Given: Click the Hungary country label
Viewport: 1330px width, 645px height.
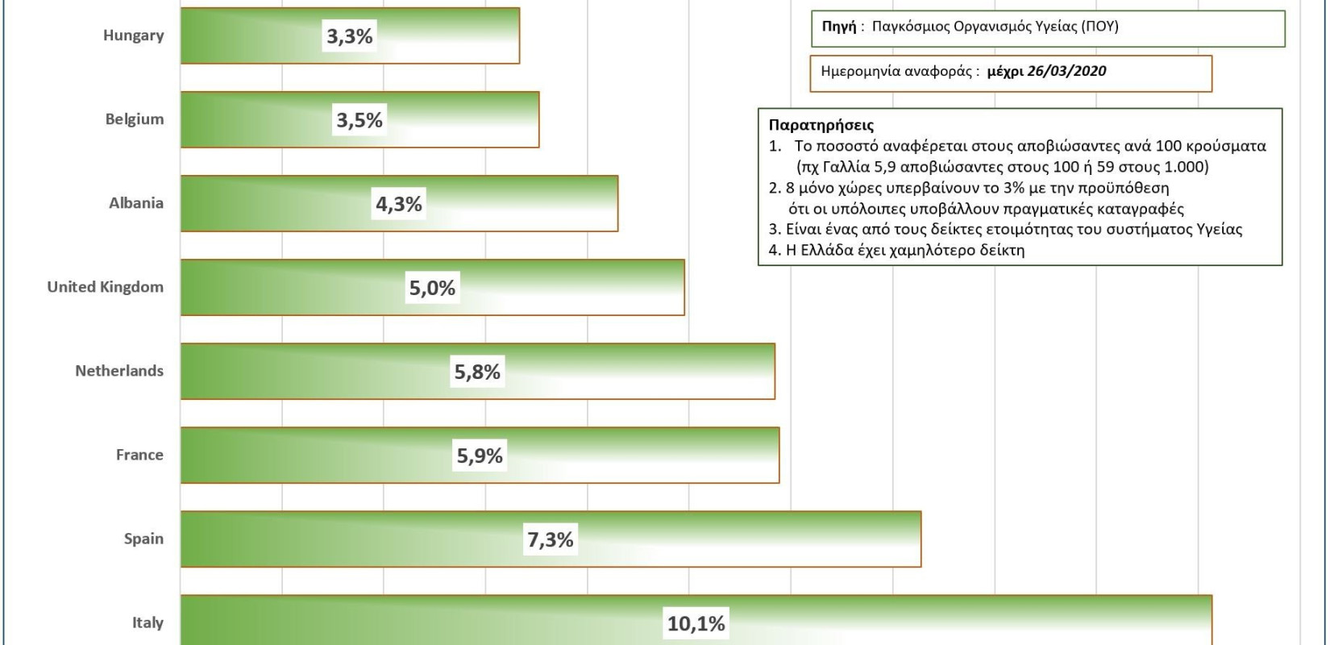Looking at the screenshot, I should (133, 35).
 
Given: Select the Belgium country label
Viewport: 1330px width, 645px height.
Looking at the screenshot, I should (134, 119).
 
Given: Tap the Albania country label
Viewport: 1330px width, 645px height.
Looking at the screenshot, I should (135, 203).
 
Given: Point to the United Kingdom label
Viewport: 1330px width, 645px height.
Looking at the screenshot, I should (105, 287).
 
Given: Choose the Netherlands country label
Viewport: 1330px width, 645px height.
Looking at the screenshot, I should (118, 371).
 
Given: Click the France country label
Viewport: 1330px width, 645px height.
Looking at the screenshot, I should (139, 455).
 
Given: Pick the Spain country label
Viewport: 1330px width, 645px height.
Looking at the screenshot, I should (143, 539).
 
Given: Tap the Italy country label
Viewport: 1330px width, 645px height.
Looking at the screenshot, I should (148, 622).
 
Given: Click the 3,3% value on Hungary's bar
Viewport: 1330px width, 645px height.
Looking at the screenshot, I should (349, 36).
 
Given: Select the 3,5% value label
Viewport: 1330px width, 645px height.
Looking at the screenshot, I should (360, 120).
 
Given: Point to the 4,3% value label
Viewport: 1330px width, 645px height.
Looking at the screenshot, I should (399, 204).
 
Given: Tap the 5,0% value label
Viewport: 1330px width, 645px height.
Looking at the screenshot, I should (432, 288).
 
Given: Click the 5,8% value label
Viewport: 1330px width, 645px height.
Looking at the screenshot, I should (477, 372).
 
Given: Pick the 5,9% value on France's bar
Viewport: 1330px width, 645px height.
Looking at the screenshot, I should (480, 456).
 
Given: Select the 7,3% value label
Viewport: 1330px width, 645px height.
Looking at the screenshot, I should (551, 539).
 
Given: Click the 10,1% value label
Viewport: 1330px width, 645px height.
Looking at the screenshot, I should (696, 623).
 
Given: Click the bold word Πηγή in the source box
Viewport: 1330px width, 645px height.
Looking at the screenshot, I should (838, 27).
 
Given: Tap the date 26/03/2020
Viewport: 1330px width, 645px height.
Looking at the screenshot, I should (1066, 71).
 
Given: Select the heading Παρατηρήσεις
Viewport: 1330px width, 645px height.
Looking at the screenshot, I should (821, 125).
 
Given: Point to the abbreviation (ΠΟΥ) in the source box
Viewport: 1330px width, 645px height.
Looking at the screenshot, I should (1100, 27).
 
